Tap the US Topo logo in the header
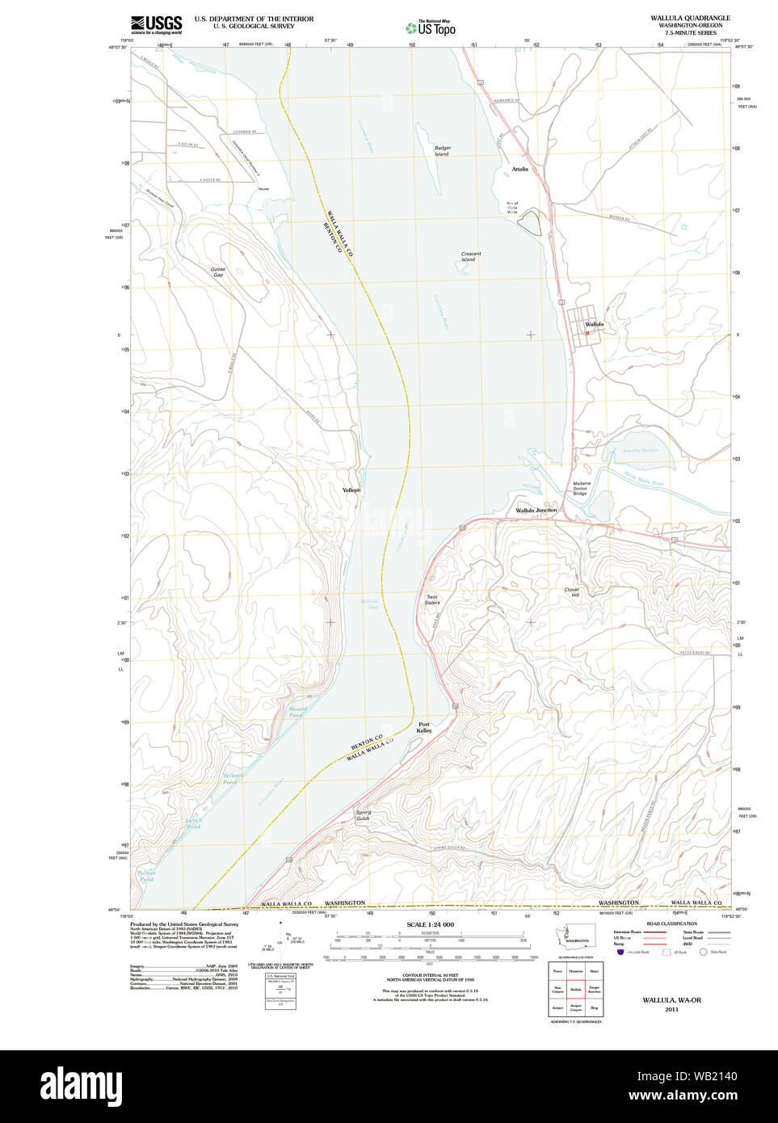pos(431,27)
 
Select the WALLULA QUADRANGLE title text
pos(690,18)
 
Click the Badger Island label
pos(442,151)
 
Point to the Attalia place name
pos(519,170)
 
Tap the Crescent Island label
pos(470,257)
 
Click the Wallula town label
pos(594,325)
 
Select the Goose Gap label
pos(217,272)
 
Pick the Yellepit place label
pos(351,490)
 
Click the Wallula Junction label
pos(536,511)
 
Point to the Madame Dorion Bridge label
pos(581,489)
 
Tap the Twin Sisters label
pos(432,600)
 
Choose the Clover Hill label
pos(571,592)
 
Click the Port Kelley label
pos(424,727)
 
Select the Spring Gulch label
pos(363,816)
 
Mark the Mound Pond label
pos(296,712)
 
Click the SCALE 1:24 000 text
pos(430,924)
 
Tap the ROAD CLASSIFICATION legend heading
pos(671,923)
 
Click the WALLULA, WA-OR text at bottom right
pos(671,1000)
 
